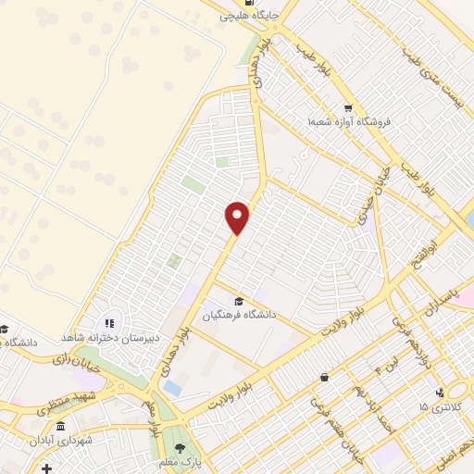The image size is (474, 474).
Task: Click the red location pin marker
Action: [x=238, y=218]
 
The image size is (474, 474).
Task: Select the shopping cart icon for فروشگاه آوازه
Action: [x=348, y=107]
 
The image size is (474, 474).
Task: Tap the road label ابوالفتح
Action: [x=444, y=243]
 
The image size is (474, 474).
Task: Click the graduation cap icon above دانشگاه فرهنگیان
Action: [x=239, y=301]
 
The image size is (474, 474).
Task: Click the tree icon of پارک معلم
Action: [x=180, y=448]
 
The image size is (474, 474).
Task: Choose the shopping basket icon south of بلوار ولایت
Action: [x=324, y=377]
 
